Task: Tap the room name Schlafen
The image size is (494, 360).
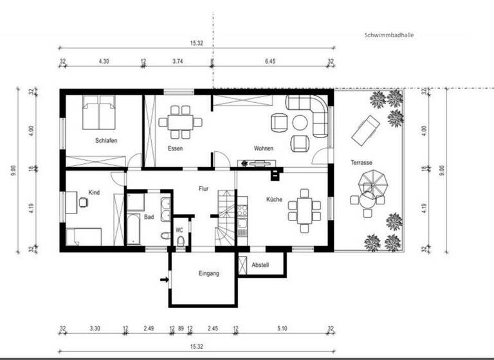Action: [x=105, y=141]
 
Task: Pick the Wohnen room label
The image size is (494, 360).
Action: [x=263, y=148]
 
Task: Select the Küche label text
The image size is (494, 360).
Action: [x=275, y=199]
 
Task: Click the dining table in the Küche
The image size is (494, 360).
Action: [x=304, y=209]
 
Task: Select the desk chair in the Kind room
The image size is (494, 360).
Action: [x=84, y=203]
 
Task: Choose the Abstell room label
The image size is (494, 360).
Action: [x=261, y=264]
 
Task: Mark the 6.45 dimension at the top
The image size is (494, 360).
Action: [x=271, y=61]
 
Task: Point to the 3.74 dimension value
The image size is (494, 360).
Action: [x=178, y=61]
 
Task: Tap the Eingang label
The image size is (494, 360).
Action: [x=208, y=273]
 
